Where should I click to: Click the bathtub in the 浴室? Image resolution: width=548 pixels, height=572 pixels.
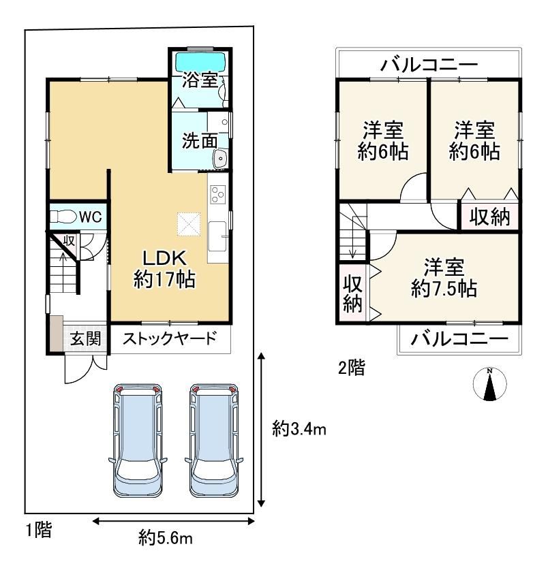tap(200, 63)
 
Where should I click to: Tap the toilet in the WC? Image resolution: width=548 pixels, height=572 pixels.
tap(64, 217)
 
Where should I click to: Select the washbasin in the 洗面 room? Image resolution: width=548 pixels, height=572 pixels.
tap(220, 159)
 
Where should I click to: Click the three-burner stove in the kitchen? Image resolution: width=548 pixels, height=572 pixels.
tap(218, 195)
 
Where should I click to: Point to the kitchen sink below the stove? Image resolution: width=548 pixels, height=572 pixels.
tap(218, 236)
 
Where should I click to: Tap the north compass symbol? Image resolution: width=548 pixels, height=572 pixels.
tap(489, 384)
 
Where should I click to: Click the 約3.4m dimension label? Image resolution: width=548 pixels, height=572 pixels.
tap(299, 430)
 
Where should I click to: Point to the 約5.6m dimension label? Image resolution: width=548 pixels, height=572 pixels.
tap(166, 538)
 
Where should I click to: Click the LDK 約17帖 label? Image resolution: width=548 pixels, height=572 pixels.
tap(164, 269)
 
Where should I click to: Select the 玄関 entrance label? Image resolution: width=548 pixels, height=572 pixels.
tap(85, 339)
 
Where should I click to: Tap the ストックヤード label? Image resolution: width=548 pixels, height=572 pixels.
tap(170, 338)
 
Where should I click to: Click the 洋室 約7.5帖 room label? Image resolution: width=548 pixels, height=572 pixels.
tap(444, 278)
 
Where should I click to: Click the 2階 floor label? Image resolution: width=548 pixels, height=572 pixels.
tap(351, 368)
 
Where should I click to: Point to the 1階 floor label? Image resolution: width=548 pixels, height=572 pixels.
tap(39, 529)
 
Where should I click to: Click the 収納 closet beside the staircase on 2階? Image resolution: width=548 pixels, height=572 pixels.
tap(352, 293)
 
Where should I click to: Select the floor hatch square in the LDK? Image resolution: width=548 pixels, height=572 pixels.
tap(189, 224)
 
